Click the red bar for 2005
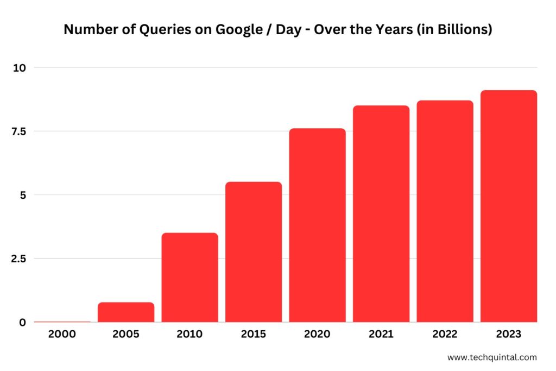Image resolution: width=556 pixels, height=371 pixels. coord(126,312)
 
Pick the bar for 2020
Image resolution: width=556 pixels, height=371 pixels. coord(317,225)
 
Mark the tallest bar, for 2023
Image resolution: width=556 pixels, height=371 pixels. coord(509,206)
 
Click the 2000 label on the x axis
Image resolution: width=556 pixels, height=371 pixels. coord(62,335)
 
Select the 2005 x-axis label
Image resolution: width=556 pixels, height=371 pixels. coord(125,335)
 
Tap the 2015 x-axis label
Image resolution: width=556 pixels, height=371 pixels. coord(253,335)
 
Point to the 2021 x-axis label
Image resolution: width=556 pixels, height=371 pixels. coord(381,335)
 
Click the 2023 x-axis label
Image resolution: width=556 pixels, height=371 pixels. coord(509,335)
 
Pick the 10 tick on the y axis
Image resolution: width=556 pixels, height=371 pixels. coord(20,67)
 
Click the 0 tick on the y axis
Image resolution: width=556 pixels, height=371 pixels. coord(22,322)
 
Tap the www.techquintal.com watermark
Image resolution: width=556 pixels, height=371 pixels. coord(492,357)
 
